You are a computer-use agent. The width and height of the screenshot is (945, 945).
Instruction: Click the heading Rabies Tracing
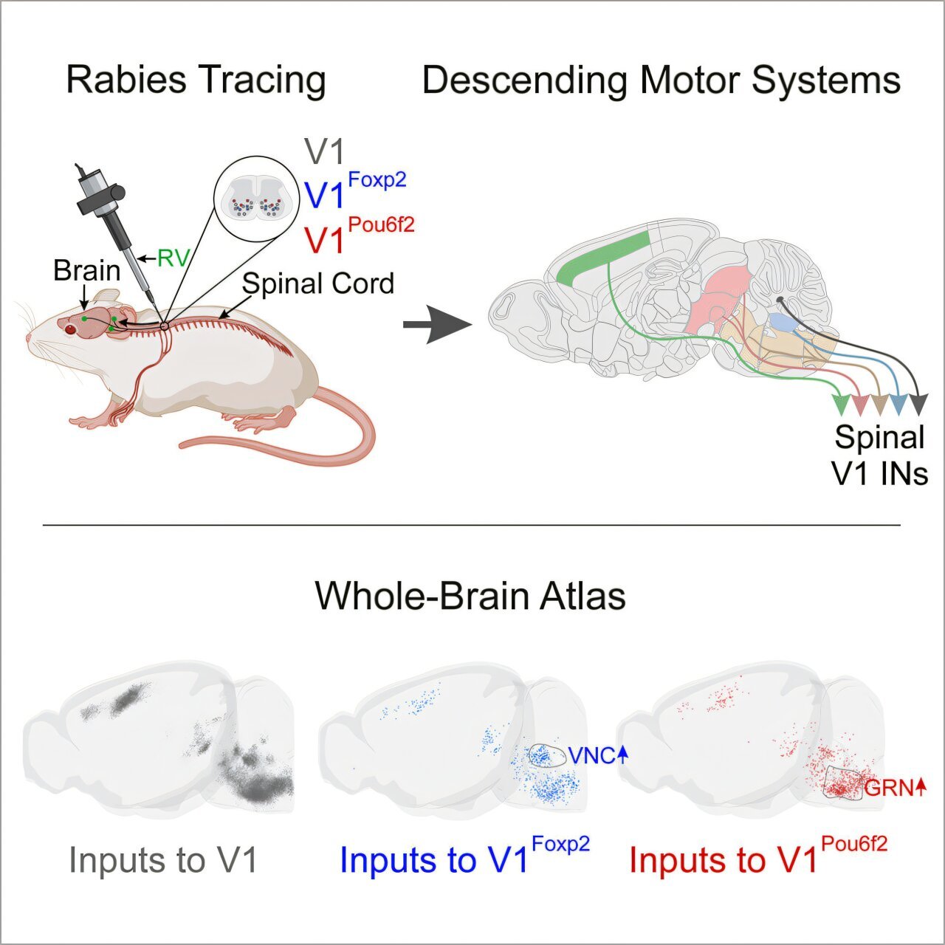point(196,80)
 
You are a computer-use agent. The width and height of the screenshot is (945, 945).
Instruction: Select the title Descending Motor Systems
point(661,80)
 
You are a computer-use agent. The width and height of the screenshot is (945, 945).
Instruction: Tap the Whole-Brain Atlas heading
point(470,597)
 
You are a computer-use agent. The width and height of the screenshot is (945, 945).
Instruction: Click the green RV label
point(173,258)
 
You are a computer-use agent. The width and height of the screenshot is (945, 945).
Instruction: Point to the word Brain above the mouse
point(87,271)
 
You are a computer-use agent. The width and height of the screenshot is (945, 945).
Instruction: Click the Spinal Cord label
point(317,283)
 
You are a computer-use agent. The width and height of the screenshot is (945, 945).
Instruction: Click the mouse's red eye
point(71,329)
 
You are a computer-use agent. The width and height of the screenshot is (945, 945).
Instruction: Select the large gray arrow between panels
point(438,324)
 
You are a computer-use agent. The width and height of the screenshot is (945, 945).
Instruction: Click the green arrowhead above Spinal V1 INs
point(842,405)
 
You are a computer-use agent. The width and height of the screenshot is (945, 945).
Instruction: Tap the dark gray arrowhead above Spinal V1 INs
point(919,405)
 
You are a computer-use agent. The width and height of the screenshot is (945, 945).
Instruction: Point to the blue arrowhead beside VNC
point(622,756)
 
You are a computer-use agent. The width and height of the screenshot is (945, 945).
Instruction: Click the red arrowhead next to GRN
point(920,788)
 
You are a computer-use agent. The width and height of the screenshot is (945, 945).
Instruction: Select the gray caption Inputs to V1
point(163,859)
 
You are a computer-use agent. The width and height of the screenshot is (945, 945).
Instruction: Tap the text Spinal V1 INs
point(881,456)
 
